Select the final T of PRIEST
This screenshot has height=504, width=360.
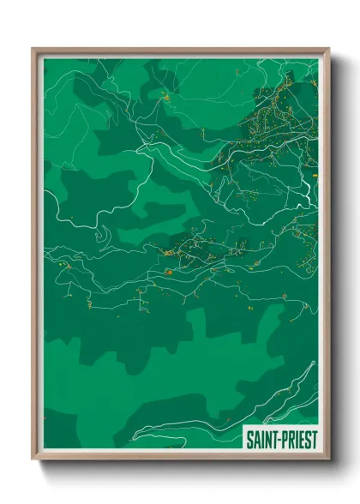[x=312, y=438]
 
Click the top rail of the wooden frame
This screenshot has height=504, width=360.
[x=180, y=51]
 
